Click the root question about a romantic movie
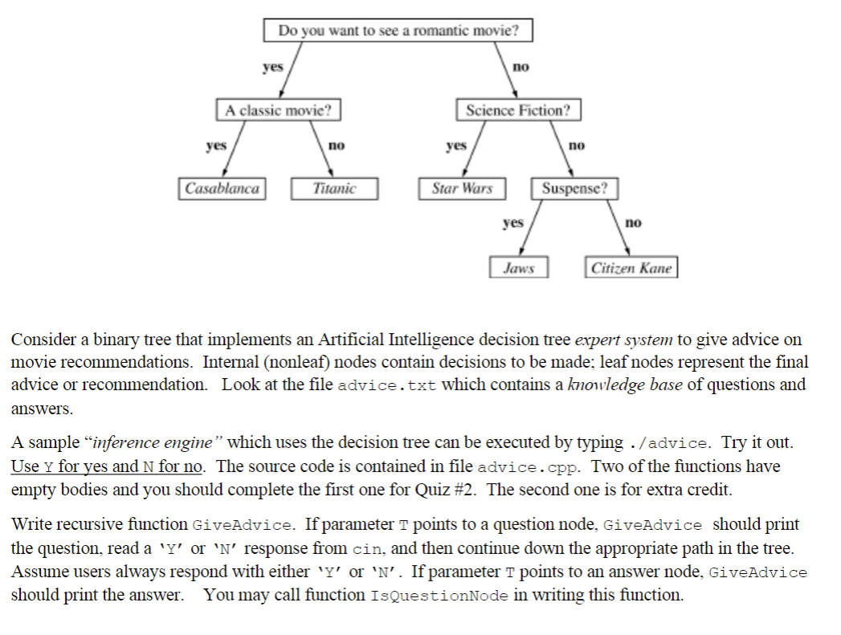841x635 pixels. point(398,31)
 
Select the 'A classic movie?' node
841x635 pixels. point(278,110)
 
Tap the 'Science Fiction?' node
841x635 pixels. point(518,110)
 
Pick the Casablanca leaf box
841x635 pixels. point(222,189)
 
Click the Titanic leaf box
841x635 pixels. point(334,189)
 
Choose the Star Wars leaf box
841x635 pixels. point(462,189)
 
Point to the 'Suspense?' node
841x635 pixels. point(574,189)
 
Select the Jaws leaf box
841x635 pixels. point(519,267)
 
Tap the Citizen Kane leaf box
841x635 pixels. point(631,267)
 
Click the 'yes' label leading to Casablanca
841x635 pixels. point(215,145)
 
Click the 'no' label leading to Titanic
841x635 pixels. point(336,145)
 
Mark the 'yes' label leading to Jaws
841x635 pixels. point(512,222)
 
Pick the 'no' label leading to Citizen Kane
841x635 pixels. point(633,222)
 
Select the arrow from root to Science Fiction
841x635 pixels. point(505,72)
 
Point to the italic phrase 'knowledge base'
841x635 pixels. point(625,384)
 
